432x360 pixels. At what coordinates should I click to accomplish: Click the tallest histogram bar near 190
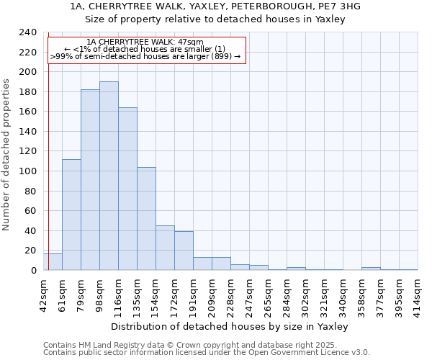point(109,176)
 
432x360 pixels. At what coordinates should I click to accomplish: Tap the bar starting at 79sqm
point(90,180)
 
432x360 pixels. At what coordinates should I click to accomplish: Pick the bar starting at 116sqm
point(127,189)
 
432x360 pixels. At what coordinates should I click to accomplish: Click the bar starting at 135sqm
point(146,219)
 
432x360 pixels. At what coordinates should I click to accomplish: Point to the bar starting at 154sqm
point(165,248)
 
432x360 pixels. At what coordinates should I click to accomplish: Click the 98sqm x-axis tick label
point(100,293)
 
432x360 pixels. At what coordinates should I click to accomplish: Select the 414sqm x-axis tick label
point(418,293)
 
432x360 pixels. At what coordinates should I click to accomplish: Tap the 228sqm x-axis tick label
point(231,293)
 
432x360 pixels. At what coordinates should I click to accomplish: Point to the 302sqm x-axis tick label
point(306,293)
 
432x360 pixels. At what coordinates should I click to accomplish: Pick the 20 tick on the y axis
point(32,251)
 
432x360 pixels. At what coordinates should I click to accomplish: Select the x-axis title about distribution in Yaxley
point(230,326)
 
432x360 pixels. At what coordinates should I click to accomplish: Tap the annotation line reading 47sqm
point(146,42)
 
